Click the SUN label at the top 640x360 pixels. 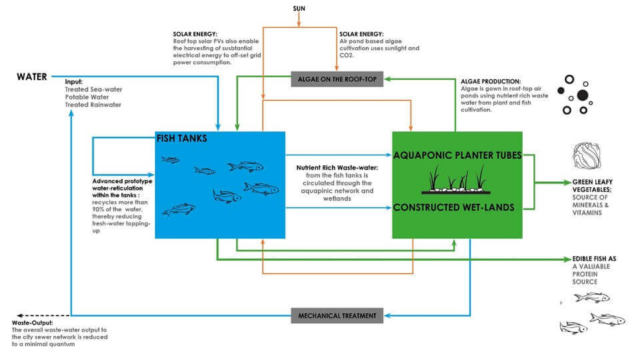pos(299,8)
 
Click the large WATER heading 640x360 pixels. pos(32,77)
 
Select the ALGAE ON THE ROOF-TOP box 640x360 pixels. pos(337,79)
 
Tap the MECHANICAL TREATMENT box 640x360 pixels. pos(337,315)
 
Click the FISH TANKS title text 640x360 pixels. pos(181,139)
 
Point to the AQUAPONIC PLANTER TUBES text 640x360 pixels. pos(457,155)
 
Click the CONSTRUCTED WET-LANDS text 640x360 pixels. pos(453,207)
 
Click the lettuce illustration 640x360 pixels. pos(587,156)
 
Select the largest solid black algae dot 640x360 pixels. pos(583,95)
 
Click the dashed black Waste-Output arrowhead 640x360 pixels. pos(19,315)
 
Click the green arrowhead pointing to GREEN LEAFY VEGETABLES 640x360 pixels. pos(567,183)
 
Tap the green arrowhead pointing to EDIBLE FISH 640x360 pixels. pos(567,259)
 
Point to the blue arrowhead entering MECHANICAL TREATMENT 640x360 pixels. pos(387,315)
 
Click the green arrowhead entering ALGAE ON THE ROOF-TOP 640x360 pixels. pos(387,79)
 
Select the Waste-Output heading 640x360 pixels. pos(32,323)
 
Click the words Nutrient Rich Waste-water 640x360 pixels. pos(337,168)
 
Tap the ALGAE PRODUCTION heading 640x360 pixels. pos(491,81)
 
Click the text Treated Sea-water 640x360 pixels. pos(93,89)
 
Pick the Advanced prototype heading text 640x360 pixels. pos(122,181)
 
